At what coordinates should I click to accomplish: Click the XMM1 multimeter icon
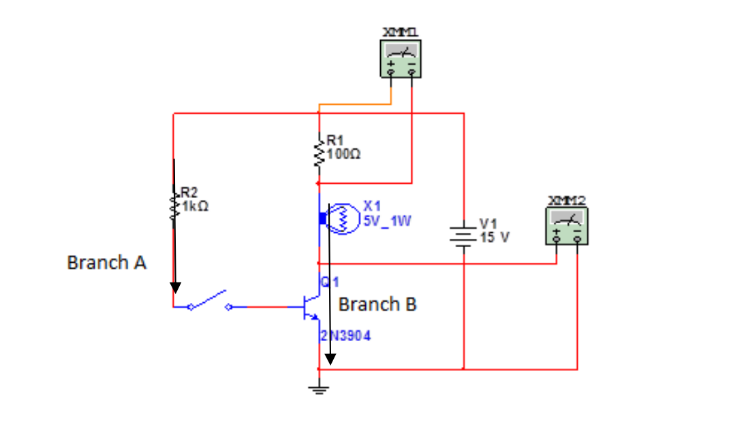pyautogui.click(x=401, y=59)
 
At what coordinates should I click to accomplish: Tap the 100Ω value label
pyautogui.click(x=344, y=155)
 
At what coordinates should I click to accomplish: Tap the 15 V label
pyautogui.click(x=495, y=238)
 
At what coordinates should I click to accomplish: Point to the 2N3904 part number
pyautogui.click(x=345, y=336)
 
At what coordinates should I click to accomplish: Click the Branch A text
pyautogui.click(x=106, y=263)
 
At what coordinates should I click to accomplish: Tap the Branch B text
pyautogui.click(x=377, y=304)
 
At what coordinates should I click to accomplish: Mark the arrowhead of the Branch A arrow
pyautogui.click(x=175, y=287)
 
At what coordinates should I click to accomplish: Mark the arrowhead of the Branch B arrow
pyautogui.click(x=330, y=358)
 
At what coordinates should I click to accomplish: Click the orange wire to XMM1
pyautogui.click(x=354, y=104)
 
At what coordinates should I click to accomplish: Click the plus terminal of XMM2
pyautogui.click(x=557, y=239)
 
